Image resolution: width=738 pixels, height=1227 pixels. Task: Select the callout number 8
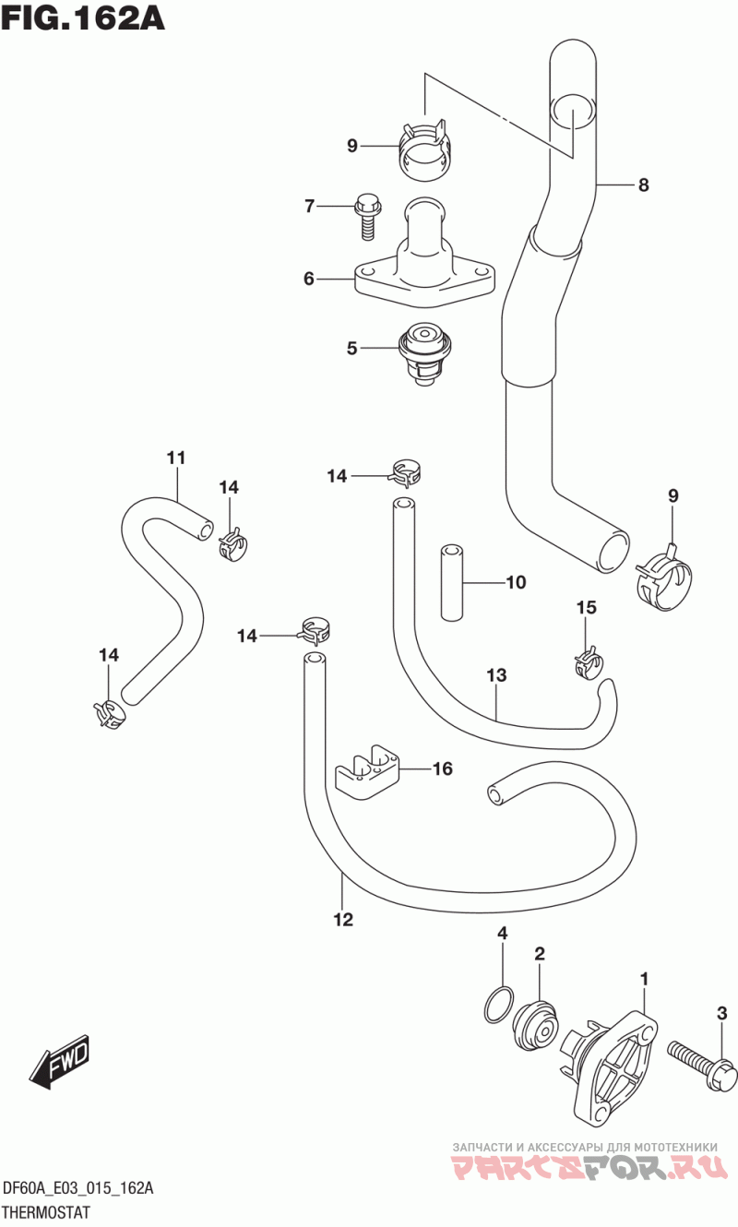click(643, 185)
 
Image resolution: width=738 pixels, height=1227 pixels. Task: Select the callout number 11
click(176, 458)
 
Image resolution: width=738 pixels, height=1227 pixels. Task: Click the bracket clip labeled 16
click(366, 773)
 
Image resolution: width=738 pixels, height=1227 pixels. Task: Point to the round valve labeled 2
click(536, 1025)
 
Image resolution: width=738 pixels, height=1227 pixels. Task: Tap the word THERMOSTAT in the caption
click(46, 1211)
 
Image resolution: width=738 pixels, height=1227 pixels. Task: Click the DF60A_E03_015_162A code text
click(78, 1188)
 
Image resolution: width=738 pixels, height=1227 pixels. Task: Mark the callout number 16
click(442, 769)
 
